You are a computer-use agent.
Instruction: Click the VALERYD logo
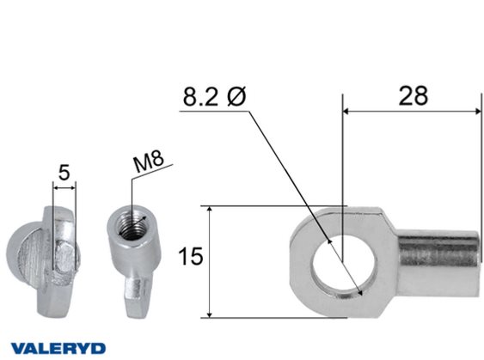58,348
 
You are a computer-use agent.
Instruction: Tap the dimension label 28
414,96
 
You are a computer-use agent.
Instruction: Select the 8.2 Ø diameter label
215,96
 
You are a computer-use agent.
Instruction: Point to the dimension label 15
191,256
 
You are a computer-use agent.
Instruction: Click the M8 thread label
149,161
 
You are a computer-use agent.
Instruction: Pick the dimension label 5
64,173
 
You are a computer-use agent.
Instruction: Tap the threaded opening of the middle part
133,225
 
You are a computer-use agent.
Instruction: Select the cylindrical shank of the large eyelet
438,262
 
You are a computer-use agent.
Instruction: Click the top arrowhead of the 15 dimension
210,211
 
